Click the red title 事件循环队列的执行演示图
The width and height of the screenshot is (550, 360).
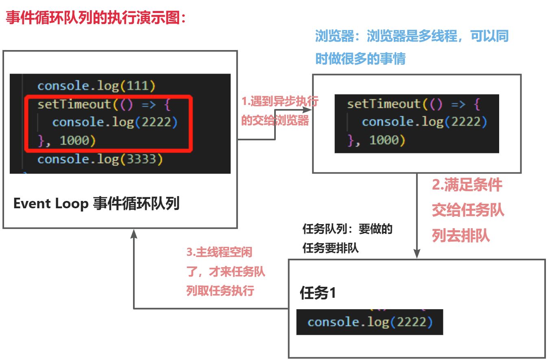point(95,18)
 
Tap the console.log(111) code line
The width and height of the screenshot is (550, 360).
point(96,86)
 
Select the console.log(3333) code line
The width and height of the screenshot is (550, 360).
point(100,159)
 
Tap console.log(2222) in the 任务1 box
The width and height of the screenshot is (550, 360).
point(369,322)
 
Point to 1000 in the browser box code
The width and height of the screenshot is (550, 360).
point(383,140)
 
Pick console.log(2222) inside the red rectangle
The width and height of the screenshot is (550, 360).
point(115,122)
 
